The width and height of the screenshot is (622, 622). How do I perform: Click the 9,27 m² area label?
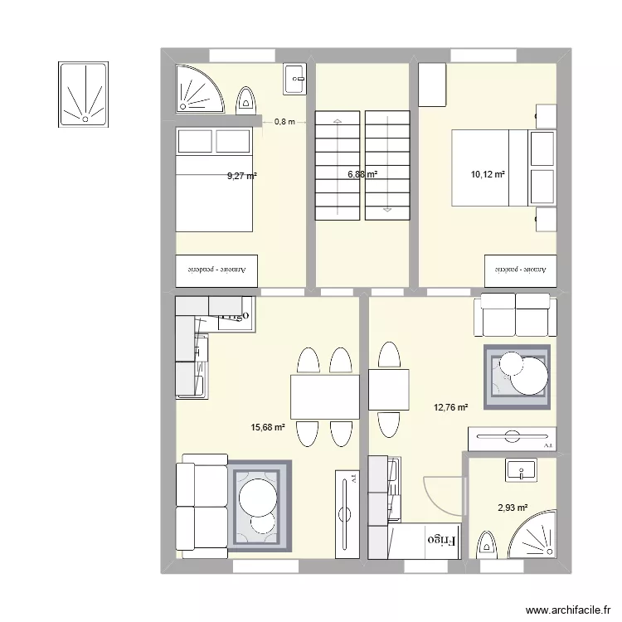[x=242, y=176]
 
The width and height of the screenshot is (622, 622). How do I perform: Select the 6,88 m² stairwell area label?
[x=362, y=174]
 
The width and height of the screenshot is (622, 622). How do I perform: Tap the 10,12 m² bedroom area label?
[x=488, y=174]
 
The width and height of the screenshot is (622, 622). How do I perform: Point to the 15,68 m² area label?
[x=268, y=428]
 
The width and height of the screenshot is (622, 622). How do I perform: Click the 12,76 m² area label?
[x=450, y=407]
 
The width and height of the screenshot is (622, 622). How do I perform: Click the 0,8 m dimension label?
[x=284, y=122]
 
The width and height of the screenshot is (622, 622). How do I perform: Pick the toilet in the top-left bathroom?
[x=245, y=100]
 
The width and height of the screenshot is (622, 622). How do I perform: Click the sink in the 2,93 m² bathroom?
[x=520, y=471]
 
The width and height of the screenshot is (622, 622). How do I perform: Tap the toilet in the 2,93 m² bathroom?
[x=486, y=547]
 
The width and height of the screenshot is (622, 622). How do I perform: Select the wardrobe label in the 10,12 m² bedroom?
[x=520, y=270]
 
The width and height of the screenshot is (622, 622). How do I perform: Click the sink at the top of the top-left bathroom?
[x=295, y=79]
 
